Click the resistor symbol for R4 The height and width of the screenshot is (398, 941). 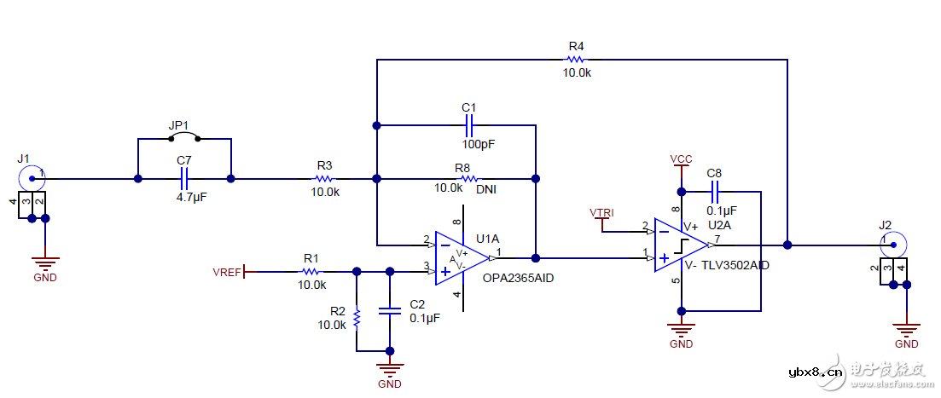(576, 60)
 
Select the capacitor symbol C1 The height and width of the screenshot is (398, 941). (468, 125)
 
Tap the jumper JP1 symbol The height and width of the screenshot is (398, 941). (183, 136)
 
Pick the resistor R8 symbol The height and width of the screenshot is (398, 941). (468, 179)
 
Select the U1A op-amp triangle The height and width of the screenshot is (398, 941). (462, 257)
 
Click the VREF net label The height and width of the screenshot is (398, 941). (228, 272)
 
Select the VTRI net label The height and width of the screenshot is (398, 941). (601, 211)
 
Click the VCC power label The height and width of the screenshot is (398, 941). (681, 159)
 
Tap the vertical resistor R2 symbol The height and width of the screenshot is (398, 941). (357, 317)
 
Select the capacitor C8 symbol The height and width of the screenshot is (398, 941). (715, 191)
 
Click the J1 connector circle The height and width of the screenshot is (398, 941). (32, 178)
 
